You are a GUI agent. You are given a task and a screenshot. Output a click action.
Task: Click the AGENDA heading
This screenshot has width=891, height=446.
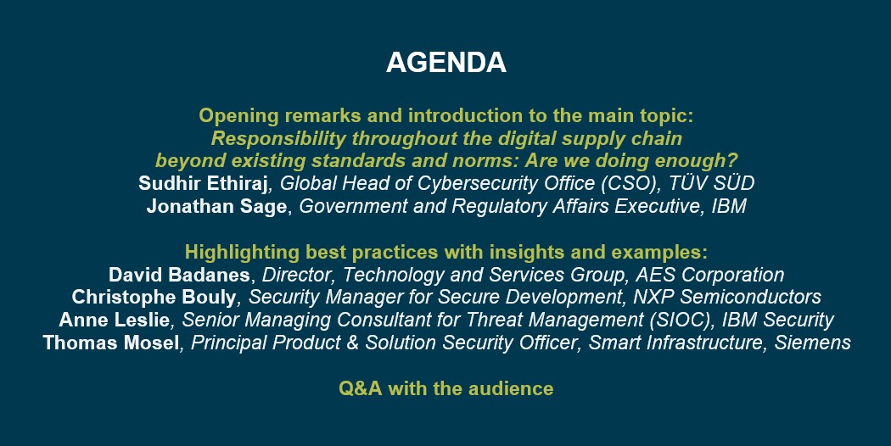[446, 63]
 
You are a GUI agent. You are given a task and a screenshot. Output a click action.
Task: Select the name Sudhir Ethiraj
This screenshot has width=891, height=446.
[203, 183]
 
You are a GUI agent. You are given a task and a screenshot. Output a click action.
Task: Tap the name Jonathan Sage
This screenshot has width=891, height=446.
[216, 206]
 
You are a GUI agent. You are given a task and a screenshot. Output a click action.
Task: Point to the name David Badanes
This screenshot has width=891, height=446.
[179, 275]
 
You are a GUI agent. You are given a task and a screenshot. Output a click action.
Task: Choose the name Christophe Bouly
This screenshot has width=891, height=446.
[154, 297]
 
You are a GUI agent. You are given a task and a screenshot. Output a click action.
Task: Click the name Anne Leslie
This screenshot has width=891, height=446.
[115, 320]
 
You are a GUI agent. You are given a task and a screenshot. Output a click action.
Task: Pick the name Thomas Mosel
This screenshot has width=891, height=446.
[111, 343]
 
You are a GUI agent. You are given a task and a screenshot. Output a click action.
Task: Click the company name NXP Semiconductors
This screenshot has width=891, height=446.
[727, 297]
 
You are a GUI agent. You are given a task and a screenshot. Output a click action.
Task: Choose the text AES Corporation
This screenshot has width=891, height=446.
[709, 275]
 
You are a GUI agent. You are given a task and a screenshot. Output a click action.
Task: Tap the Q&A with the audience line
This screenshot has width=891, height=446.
[446, 388]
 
